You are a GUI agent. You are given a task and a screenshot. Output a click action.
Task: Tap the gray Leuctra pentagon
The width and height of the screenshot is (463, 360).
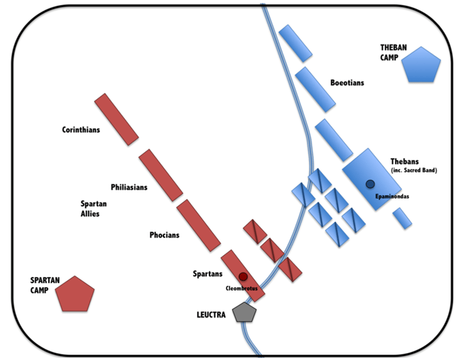[x=245, y=313]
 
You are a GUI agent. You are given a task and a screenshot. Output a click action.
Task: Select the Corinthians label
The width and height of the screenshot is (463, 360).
[x=81, y=129]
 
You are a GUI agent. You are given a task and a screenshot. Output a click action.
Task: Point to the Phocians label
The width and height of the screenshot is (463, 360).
[x=164, y=235]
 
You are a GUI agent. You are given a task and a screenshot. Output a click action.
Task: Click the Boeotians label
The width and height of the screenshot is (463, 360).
[x=347, y=83]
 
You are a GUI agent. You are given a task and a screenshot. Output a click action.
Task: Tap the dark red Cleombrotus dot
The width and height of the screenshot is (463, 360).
[x=243, y=276]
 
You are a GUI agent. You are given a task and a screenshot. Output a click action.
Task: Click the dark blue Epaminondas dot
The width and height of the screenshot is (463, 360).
[x=370, y=183]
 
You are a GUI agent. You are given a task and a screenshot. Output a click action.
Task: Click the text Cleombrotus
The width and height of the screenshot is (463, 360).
[x=242, y=289]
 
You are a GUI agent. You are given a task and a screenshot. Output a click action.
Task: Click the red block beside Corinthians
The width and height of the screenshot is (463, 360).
[x=116, y=120]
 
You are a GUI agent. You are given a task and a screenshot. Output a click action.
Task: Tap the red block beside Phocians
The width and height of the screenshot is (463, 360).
[x=198, y=225]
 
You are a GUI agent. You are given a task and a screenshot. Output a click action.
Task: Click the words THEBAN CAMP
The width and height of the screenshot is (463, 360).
[x=394, y=53]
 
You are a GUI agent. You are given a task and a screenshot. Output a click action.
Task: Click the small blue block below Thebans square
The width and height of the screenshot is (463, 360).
[x=403, y=218]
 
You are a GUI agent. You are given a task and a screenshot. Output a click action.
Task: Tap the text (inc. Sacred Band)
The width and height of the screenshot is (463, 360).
[x=415, y=170]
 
